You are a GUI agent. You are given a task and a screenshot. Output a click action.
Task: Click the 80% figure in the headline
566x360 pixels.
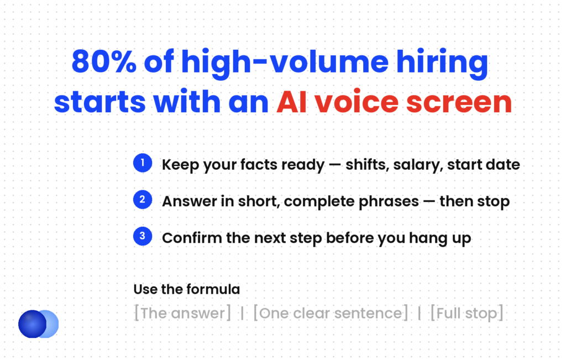click(x=104, y=61)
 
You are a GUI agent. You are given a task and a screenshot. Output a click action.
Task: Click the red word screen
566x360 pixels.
click(x=459, y=102)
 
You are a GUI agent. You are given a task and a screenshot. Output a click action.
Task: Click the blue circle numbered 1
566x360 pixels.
click(x=143, y=163)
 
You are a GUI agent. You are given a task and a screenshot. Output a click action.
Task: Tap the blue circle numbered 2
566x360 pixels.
click(x=143, y=200)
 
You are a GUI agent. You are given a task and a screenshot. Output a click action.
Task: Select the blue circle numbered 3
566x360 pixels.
click(x=143, y=237)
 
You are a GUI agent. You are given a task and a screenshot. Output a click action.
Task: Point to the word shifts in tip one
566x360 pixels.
click(x=367, y=165)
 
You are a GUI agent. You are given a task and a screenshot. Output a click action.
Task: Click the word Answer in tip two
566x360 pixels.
click(x=190, y=201)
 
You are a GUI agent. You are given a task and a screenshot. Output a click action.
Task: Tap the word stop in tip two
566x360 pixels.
click(x=493, y=202)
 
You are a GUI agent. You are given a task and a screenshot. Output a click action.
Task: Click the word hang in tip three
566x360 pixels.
click(x=425, y=239)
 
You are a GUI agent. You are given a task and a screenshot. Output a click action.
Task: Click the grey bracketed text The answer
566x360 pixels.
click(x=182, y=313)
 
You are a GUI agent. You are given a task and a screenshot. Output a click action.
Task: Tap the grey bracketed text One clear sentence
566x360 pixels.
click(x=331, y=313)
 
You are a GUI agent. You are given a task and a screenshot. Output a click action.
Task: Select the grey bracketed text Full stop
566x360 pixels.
click(x=467, y=313)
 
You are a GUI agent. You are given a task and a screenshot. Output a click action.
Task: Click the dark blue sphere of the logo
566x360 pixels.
click(x=32, y=324)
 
